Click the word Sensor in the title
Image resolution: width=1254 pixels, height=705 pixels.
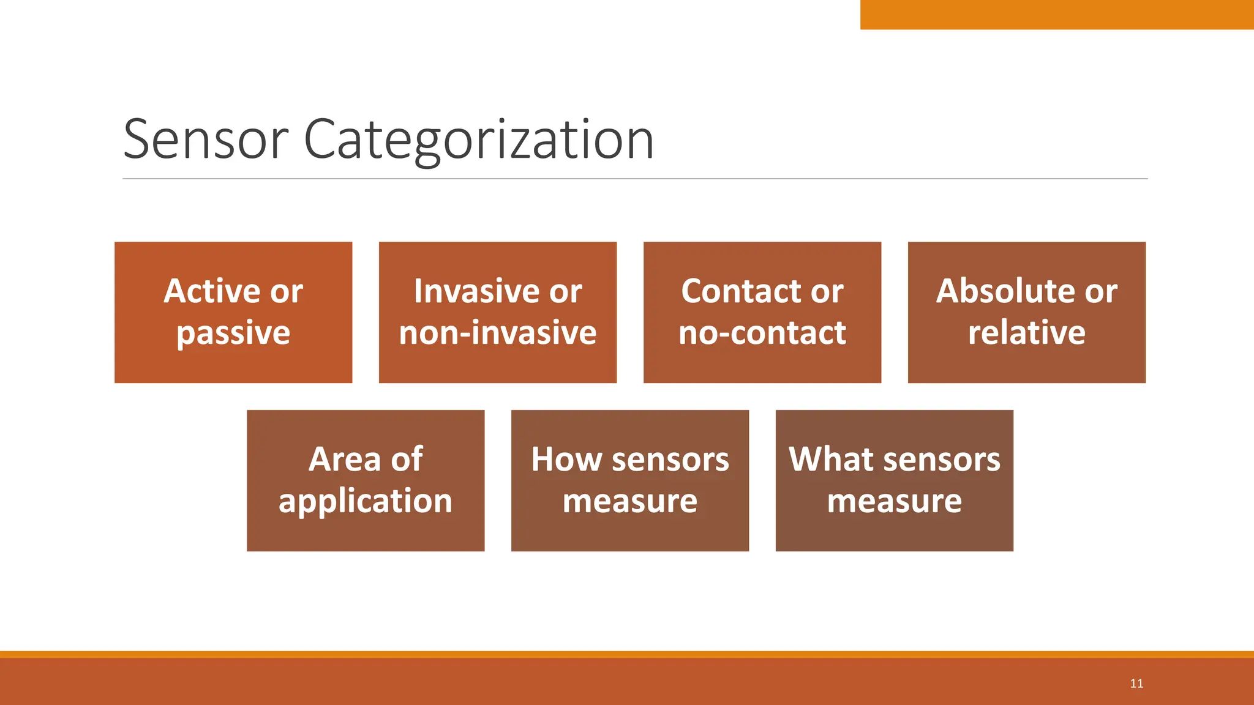click(205, 140)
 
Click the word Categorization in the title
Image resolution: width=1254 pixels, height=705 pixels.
click(478, 140)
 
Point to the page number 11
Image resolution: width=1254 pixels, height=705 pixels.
click(1136, 684)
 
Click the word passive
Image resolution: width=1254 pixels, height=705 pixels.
click(233, 334)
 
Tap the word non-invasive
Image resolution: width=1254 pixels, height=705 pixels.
click(498, 334)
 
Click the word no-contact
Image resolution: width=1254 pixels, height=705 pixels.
click(762, 334)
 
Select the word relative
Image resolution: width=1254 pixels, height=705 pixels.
click(1026, 334)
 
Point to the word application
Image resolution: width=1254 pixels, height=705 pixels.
click(366, 501)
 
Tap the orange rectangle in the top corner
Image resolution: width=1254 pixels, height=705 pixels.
click(1056, 14)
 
